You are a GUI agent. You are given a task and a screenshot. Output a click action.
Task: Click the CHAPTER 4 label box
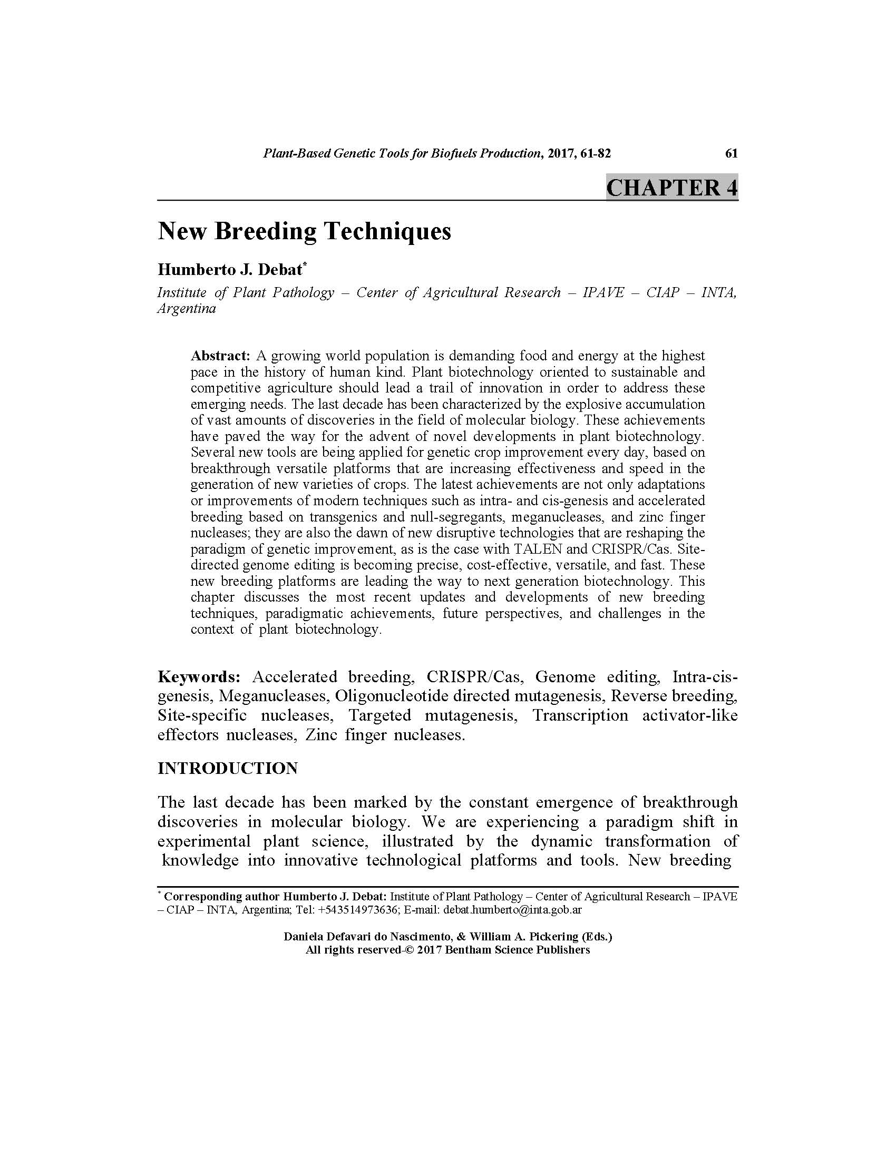(x=671, y=188)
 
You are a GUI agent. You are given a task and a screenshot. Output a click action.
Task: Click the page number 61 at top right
(x=731, y=153)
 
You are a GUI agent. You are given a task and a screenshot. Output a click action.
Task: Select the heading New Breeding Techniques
(x=304, y=231)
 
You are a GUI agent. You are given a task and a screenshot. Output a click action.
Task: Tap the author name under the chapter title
(x=230, y=270)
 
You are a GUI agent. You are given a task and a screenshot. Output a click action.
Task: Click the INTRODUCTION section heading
(x=227, y=768)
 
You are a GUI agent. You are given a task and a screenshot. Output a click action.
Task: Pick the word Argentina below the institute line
(x=186, y=309)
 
